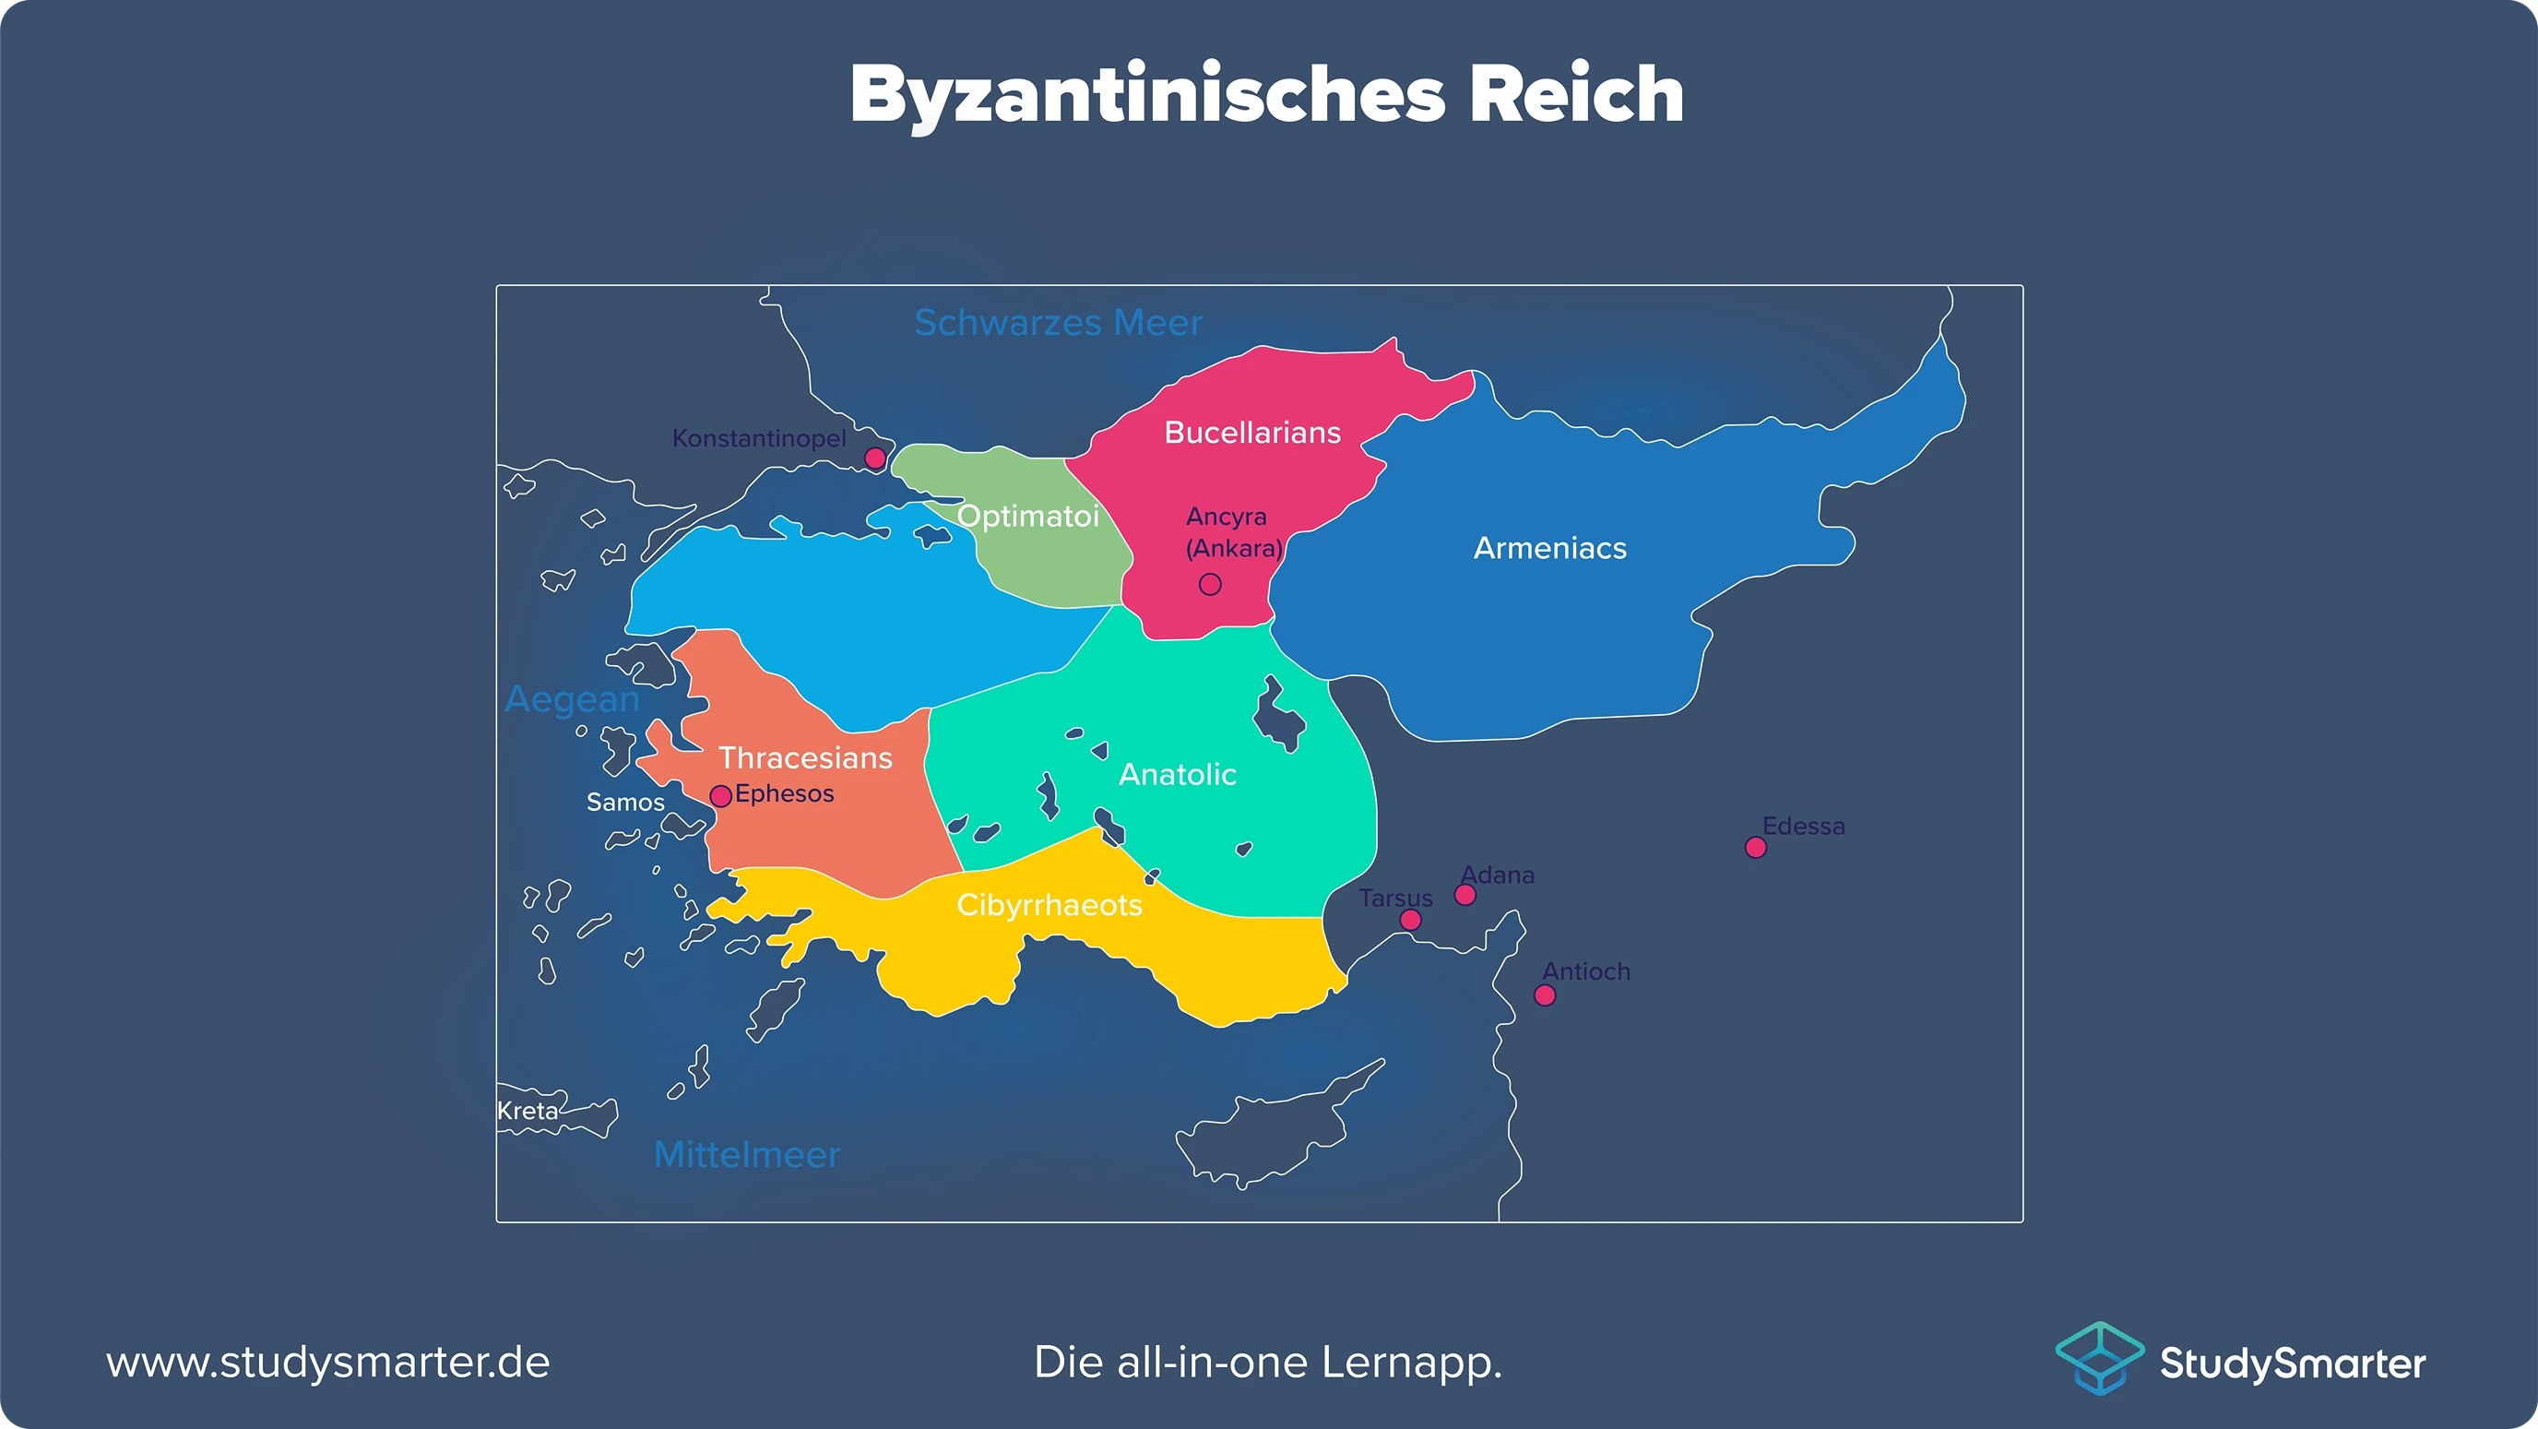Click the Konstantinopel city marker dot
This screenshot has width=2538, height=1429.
pyautogui.click(x=875, y=458)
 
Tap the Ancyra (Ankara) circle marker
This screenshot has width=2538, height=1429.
pyautogui.click(x=1210, y=584)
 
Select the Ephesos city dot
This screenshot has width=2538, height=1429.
pyautogui.click(x=721, y=795)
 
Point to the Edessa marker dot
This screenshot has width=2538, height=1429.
pyautogui.click(x=1756, y=848)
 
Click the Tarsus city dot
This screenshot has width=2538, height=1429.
pyautogui.click(x=1411, y=920)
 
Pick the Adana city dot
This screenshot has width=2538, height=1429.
pyautogui.click(x=1465, y=895)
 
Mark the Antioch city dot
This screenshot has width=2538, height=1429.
pyautogui.click(x=1545, y=995)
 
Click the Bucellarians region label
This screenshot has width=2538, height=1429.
pyautogui.click(x=1252, y=433)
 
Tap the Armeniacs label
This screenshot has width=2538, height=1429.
pyautogui.click(x=1549, y=549)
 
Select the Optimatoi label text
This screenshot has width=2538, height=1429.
pyautogui.click(x=1027, y=517)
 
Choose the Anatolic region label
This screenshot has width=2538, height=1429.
pyautogui.click(x=1178, y=775)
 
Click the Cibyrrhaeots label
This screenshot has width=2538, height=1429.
pyautogui.click(x=1050, y=905)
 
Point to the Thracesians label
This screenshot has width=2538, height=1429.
pyautogui.click(x=805, y=758)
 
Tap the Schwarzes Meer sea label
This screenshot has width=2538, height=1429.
pyautogui.click(x=1058, y=323)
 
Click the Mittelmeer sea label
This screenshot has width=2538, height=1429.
pyautogui.click(x=747, y=1155)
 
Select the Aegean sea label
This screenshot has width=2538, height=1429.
pyautogui.click(x=573, y=699)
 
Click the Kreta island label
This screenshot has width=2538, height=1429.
pyautogui.click(x=528, y=1111)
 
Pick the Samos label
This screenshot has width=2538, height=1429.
pyautogui.click(x=625, y=803)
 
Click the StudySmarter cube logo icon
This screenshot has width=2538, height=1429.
pyautogui.click(x=2100, y=1359)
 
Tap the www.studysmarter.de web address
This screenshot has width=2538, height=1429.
pyautogui.click(x=328, y=1363)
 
